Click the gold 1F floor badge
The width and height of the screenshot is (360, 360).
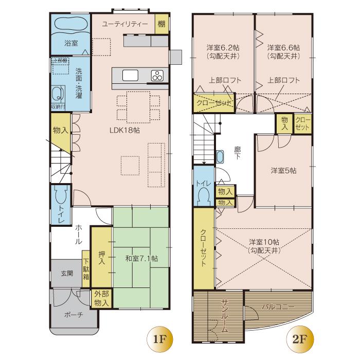[x=158, y=338]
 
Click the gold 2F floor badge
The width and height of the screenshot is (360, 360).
[x=298, y=338]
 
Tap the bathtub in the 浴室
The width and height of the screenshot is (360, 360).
[x=70, y=24]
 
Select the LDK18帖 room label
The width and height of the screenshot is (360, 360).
[x=125, y=130]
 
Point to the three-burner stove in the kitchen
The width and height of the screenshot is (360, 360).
[x=157, y=76]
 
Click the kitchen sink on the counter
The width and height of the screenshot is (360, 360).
[x=130, y=76]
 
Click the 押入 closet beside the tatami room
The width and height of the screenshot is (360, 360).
[x=101, y=257]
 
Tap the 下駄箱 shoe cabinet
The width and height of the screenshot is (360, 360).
[x=86, y=268]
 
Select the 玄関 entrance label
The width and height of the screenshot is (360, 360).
[x=67, y=273]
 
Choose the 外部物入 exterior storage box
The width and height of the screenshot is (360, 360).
[x=101, y=299]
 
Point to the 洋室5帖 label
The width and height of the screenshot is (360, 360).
[x=283, y=171]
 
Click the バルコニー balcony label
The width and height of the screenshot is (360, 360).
[x=278, y=307]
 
